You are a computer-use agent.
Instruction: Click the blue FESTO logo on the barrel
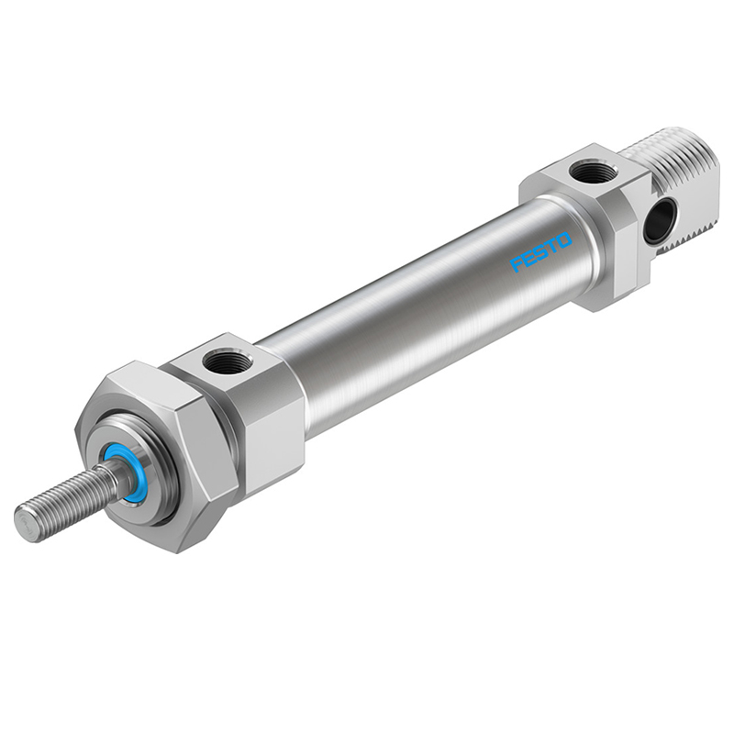point(541,252)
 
